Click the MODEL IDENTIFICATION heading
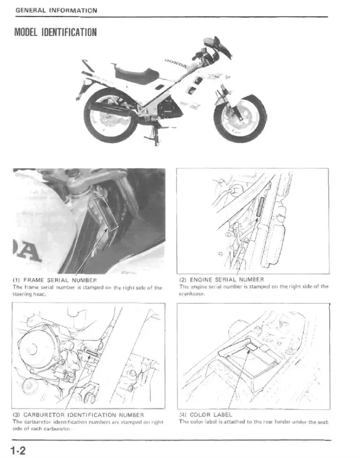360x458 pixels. tap(55, 32)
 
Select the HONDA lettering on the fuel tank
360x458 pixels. tap(177, 61)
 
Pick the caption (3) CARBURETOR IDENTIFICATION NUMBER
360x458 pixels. tap(80, 415)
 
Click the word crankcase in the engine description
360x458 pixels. tap(191, 293)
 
